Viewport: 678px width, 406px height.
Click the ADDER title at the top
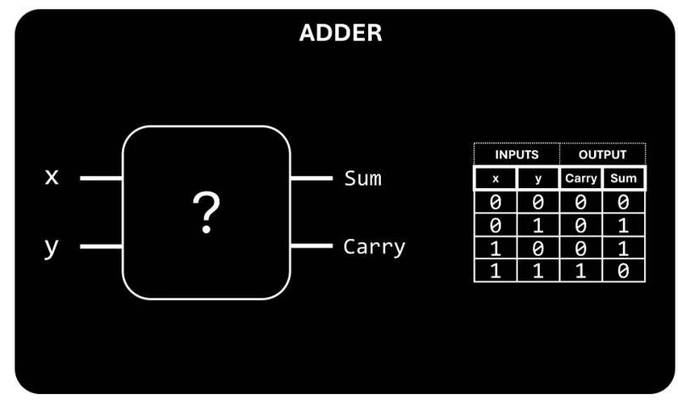(x=340, y=34)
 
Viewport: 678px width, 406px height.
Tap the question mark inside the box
(x=206, y=213)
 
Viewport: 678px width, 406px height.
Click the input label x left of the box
(x=53, y=177)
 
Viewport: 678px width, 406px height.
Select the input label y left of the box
(x=52, y=247)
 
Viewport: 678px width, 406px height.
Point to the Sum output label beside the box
(x=362, y=179)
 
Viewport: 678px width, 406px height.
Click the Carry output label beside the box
(x=374, y=247)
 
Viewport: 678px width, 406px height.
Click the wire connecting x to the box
(x=102, y=179)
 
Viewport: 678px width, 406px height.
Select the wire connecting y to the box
(x=102, y=247)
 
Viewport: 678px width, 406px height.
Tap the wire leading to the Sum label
(x=311, y=179)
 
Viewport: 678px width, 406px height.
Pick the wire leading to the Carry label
(x=311, y=247)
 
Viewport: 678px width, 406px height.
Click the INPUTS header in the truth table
(x=517, y=155)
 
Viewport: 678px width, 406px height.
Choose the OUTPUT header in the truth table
(x=602, y=155)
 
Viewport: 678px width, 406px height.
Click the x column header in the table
(x=496, y=179)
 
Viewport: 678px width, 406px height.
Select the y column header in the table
(x=538, y=179)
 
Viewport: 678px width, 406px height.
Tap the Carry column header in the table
(x=581, y=179)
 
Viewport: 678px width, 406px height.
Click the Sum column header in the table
(x=624, y=179)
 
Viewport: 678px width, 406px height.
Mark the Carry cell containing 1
(x=581, y=272)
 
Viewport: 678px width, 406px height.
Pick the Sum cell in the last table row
(x=624, y=272)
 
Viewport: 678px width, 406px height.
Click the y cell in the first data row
(x=538, y=202)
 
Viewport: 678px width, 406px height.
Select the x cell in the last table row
(x=496, y=272)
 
